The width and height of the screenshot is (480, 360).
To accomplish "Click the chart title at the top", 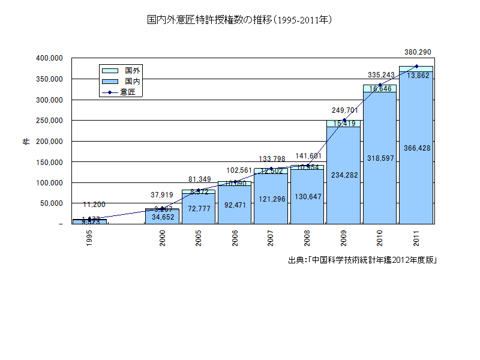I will pyautogui.click(x=240, y=20).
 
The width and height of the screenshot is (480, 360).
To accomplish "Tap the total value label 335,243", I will pyautogui.click(x=380, y=75).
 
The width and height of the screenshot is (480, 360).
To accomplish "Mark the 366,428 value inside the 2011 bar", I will pyautogui.click(x=416, y=148).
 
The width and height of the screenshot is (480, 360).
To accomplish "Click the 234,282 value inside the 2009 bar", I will pyautogui.click(x=344, y=175).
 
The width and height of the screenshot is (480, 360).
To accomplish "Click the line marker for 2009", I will pyautogui.click(x=344, y=121).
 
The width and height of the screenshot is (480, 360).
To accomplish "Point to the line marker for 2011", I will pyautogui.click(x=416, y=66).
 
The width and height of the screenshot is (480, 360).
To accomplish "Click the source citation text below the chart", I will pyautogui.click(x=362, y=260).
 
